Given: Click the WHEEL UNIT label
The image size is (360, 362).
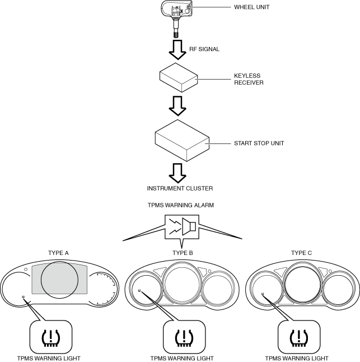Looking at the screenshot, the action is coord(251,7).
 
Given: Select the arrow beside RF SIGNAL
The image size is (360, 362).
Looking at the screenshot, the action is coord(177,50).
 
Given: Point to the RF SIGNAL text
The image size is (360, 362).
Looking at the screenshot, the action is coord(204,49).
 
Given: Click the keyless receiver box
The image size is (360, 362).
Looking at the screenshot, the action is coord(179,77).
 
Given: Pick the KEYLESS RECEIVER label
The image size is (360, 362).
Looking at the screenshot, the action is coord(249,79).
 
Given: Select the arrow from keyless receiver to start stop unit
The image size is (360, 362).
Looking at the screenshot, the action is coord(177,106).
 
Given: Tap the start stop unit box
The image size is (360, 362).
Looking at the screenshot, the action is coord(182,140).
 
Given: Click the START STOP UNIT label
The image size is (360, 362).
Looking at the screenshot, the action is coord(259,143).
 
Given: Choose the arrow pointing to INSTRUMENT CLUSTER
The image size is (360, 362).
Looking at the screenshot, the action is coord(177,173).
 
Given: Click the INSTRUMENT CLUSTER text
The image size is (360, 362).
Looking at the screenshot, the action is coord(180,188).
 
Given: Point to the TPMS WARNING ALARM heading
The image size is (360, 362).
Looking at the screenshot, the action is coord(181,205).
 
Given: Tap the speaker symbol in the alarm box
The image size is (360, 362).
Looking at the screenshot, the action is coord(189,226).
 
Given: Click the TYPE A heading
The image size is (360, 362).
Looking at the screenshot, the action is coord(58,253).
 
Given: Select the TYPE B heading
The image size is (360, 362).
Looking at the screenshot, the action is coord(183,253).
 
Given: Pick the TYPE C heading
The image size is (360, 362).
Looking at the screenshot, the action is coord(301,253).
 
